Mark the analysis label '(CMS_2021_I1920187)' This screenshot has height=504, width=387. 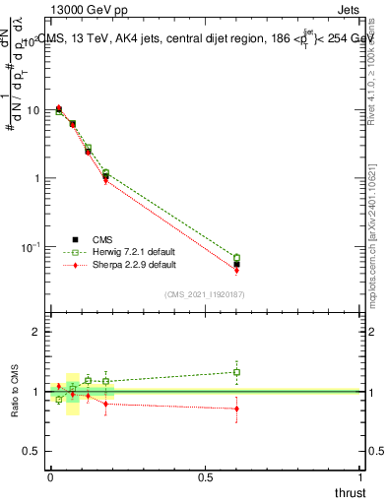coord(205,293)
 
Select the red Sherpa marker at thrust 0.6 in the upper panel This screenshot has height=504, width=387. coord(236,270)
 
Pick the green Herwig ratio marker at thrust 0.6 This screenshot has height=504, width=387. coord(236,372)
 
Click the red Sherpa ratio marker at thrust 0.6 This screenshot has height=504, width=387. coord(236,409)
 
